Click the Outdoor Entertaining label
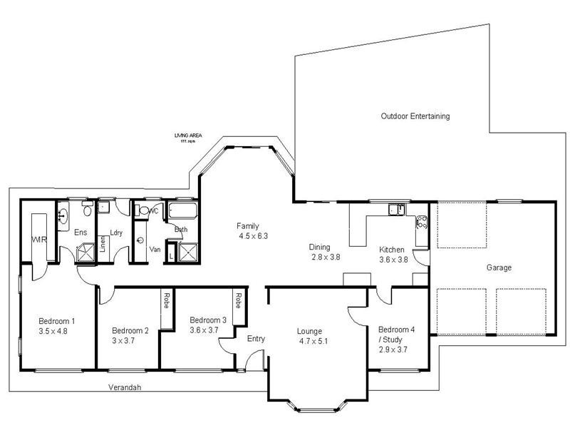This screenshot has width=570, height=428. pos(415,116)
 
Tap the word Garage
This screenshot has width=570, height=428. pos(499,267)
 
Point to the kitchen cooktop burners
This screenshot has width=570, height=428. pos(420,222)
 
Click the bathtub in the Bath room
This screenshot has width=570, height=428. pos(184,212)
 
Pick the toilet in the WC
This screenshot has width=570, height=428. pos(142,210)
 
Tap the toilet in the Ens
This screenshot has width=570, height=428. pos(87,210)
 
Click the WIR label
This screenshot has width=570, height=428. pos(38,240)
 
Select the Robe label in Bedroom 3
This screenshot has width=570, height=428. pos(239,300)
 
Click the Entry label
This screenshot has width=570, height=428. pos(256,338)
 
